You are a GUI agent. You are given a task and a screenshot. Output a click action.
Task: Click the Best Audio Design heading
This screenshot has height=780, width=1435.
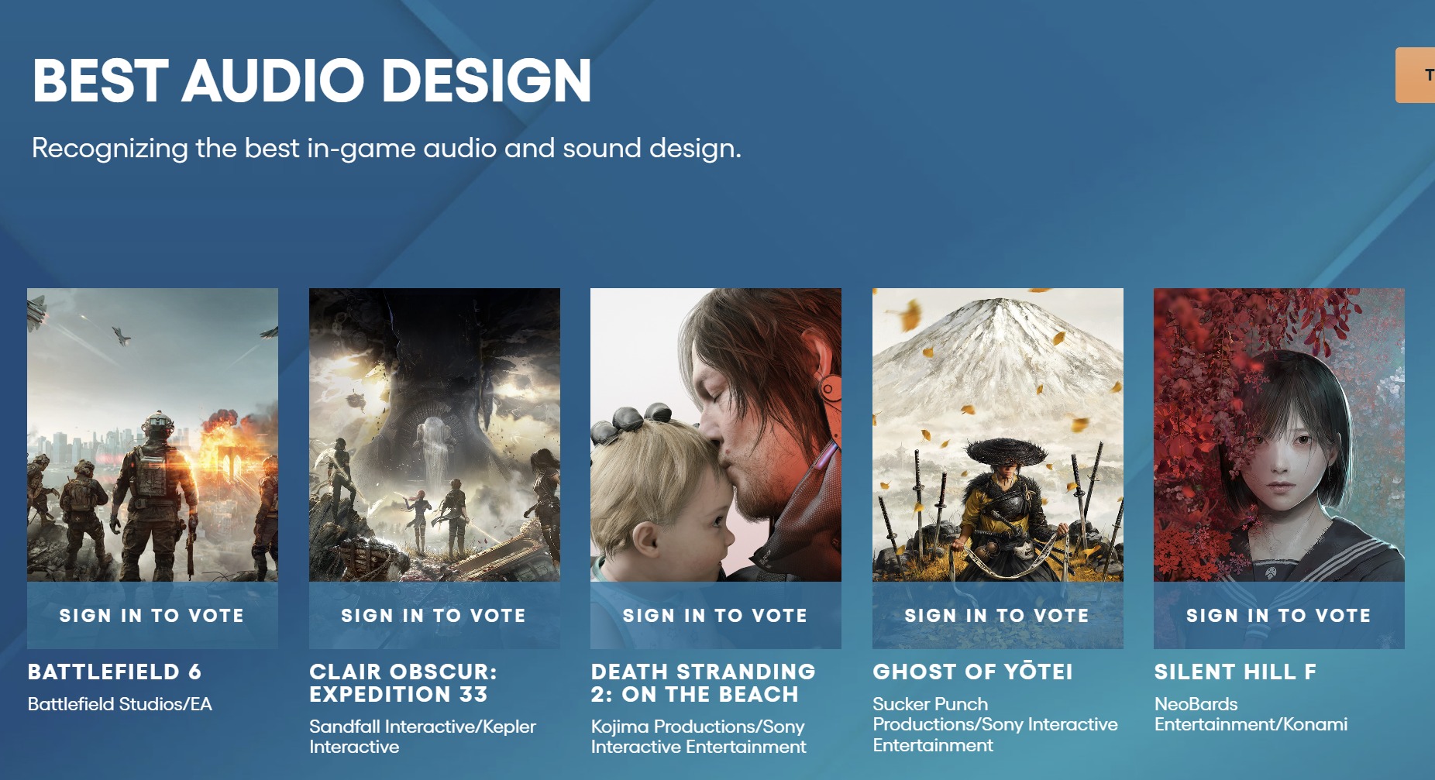(311, 81)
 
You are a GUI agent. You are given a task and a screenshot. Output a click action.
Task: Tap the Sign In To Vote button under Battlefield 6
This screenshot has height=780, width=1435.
(152, 615)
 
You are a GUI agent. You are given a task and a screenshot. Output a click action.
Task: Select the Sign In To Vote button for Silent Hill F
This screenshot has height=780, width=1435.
(1278, 615)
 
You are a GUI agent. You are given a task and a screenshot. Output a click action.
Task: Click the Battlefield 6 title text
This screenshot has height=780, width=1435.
(115, 672)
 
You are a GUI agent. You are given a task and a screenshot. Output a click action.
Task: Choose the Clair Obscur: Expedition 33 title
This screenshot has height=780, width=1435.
(403, 682)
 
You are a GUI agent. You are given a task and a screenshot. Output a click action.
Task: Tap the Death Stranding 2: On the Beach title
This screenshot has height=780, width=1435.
(703, 682)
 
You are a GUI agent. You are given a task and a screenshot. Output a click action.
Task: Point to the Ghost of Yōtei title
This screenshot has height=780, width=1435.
(972, 671)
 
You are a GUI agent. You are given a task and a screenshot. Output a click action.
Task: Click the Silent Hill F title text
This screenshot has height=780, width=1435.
(1235, 672)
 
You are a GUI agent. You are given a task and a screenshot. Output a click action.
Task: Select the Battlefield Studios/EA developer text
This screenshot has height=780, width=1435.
(120, 704)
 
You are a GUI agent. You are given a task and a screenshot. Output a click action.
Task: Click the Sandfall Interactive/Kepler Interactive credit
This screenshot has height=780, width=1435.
(422, 737)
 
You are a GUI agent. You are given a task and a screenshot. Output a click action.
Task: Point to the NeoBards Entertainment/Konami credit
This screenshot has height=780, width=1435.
(1251, 714)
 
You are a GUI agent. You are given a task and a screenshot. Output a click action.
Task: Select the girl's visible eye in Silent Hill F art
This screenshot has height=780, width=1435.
(1303, 442)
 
